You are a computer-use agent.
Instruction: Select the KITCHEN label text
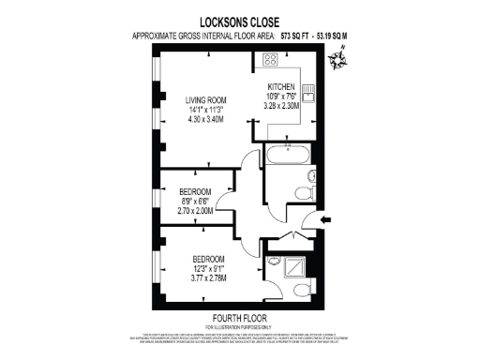(x=281, y=87)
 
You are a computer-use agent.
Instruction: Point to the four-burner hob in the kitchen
(x=270, y=61)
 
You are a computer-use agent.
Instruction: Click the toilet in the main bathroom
(x=303, y=192)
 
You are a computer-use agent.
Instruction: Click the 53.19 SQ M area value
(x=319, y=36)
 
